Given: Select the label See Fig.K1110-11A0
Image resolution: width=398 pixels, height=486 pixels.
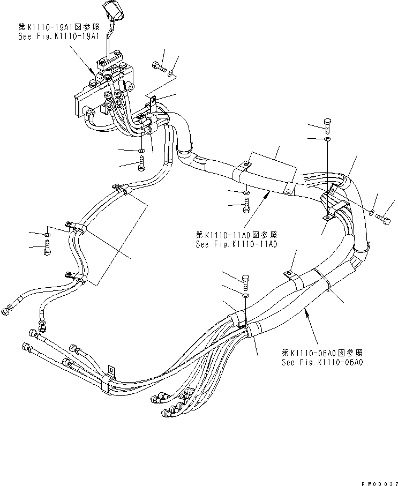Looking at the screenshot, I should point(236,244).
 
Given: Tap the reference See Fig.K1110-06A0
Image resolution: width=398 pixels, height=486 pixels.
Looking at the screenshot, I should point(322,362).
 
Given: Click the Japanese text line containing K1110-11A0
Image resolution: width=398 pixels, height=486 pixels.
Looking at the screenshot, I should point(237,235).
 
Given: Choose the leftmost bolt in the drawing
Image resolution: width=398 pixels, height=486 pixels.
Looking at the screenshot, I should point(47,248).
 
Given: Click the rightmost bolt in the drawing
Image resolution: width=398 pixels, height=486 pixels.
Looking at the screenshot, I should point(384,218).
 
